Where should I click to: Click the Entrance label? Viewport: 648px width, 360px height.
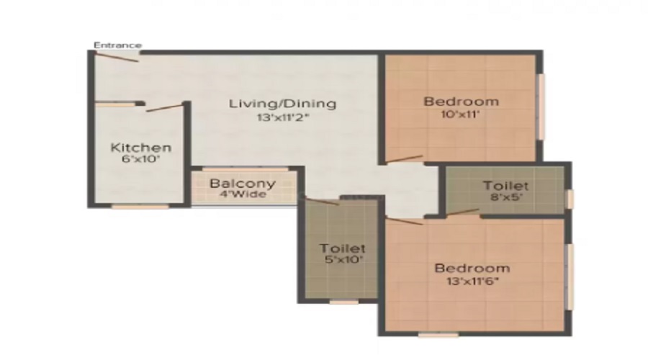click(118, 45)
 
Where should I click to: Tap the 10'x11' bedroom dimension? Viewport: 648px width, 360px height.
click(461, 114)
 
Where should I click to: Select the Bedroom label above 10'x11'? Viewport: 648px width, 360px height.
click(461, 101)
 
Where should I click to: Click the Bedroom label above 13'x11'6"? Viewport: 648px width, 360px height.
click(472, 268)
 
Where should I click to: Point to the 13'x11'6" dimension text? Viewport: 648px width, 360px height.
click(472, 281)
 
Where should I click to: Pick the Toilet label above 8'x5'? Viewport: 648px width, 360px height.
click(505, 186)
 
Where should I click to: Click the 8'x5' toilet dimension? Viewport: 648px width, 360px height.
click(505, 199)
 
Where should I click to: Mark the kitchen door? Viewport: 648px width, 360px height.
click(164, 108)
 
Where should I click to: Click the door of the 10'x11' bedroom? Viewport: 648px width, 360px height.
click(405, 158)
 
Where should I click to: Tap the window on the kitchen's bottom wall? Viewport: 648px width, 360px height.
click(140, 207)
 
